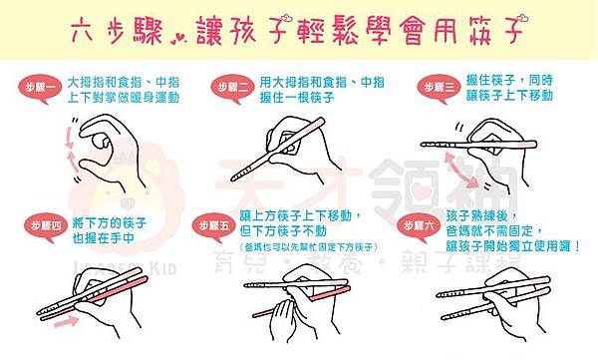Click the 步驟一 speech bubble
pyautogui.click(x=38, y=88)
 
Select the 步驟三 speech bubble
pyautogui.click(x=438, y=88)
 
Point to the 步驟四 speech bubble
pyautogui.click(x=46, y=226)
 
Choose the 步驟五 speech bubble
pyautogui.click(x=213, y=226)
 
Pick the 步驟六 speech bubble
pyautogui.click(x=418, y=226)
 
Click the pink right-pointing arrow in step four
pyautogui.click(x=66, y=322)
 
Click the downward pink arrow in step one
pyautogui.click(x=69, y=138)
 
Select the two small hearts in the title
pyautogui.click(x=177, y=39)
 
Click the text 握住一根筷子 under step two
pyautogui.click(x=297, y=98)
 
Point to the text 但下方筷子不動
pyautogui.click(x=283, y=231)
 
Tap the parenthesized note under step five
pyautogui.click(x=308, y=247)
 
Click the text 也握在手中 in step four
pyautogui.click(x=104, y=238)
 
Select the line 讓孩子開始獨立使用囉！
pyautogui.click(x=513, y=246)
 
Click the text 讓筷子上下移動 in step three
pyautogui.click(x=509, y=96)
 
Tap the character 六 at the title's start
pyautogui.click(x=82, y=30)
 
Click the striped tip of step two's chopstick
pyautogui.click(x=239, y=176)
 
